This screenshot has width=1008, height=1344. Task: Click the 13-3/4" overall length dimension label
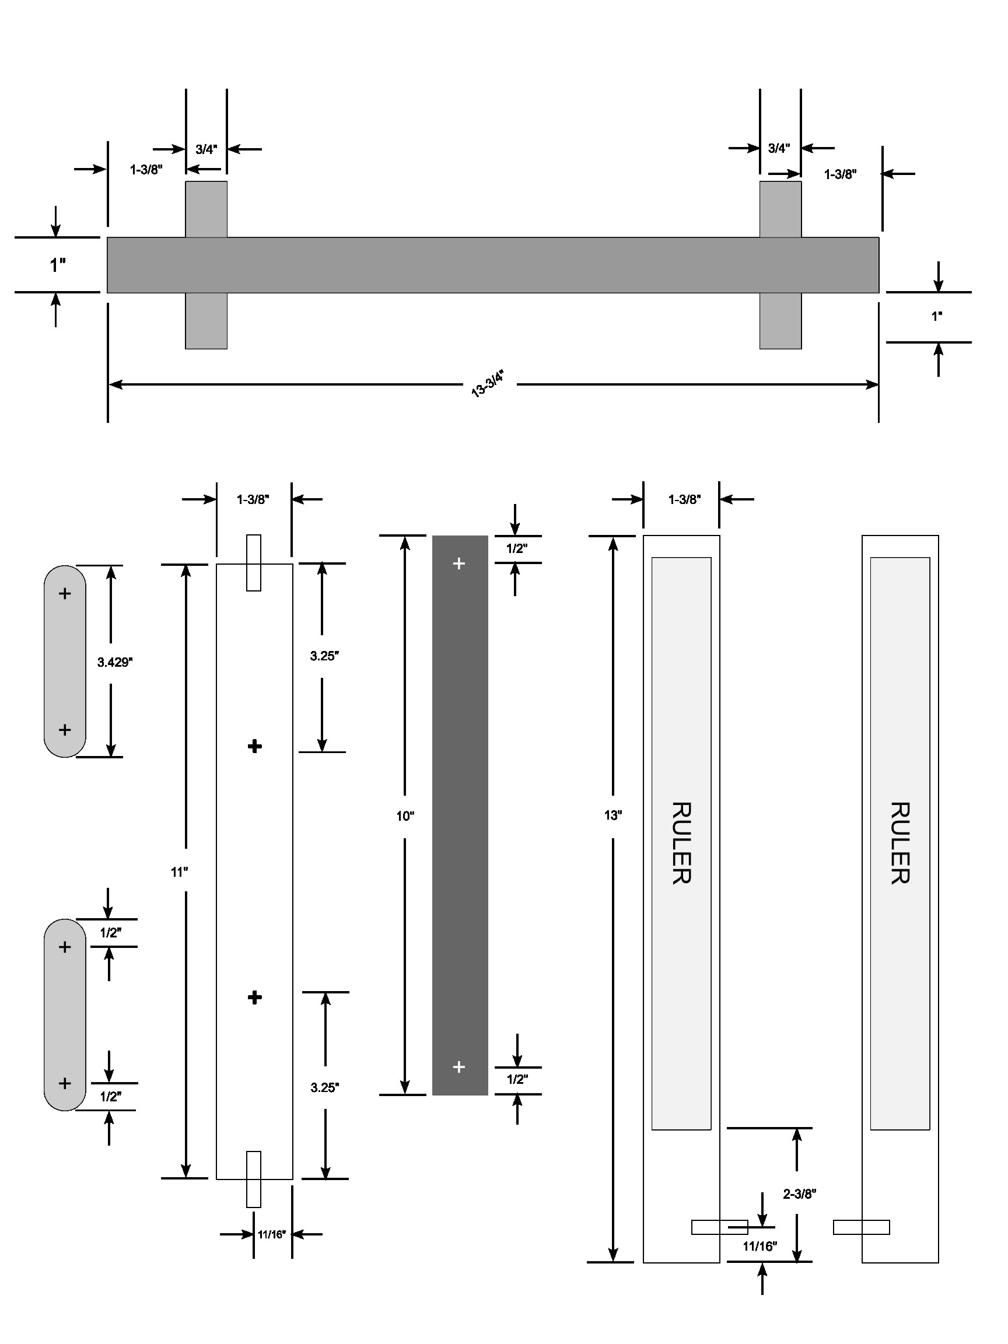tap(487, 383)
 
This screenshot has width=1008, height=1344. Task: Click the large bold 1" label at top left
tap(58, 265)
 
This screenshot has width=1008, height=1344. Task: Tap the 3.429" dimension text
tap(114, 661)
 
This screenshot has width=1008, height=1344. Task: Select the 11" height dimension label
tap(179, 872)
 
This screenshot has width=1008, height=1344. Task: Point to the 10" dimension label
tap(405, 816)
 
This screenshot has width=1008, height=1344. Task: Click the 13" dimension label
tap(612, 815)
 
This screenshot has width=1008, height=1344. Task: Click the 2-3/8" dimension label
tap(799, 1193)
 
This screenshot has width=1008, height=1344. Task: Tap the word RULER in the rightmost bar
tap(900, 843)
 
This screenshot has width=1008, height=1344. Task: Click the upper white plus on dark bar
tap(459, 564)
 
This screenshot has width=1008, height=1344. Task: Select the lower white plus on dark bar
tap(459, 1066)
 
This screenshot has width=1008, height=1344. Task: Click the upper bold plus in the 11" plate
tap(254, 746)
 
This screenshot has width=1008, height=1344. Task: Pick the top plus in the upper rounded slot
tap(64, 594)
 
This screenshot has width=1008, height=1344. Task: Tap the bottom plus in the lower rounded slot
tap(64, 1083)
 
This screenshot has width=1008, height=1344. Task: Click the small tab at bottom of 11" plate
tap(253, 1179)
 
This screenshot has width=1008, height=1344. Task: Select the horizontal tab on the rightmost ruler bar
tap(861, 1227)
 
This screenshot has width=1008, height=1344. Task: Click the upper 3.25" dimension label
tap(324, 656)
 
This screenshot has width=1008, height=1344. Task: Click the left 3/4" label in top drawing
tap(206, 149)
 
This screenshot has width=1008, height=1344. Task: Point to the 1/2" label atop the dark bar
tap(516, 548)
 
